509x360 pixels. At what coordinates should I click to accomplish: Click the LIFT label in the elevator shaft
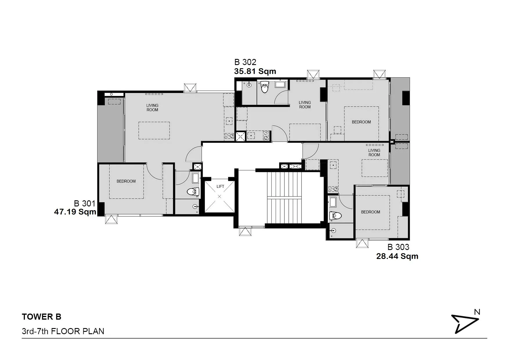click(220, 187)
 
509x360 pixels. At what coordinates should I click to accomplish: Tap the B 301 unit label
click(84, 204)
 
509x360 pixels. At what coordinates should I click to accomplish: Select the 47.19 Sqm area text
click(75, 212)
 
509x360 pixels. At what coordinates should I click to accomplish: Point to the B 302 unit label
click(245, 62)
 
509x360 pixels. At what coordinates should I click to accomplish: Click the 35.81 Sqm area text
click(255, 71)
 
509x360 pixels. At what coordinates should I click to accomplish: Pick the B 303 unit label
click(398, 247)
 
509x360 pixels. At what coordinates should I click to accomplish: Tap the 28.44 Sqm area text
click(397, 256)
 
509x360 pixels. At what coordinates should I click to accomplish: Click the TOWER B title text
click(41, 317)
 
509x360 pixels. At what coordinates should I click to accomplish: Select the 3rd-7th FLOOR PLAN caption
click(63, 331)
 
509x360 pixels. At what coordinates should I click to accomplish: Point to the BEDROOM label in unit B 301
click(126, 181)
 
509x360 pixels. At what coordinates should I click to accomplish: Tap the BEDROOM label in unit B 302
click(361, 122)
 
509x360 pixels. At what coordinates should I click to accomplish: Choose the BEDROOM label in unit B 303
click(371, 212)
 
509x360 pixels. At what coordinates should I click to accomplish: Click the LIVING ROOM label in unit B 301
click(152, 108)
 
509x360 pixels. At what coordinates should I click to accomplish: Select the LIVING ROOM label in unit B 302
click(305, 105)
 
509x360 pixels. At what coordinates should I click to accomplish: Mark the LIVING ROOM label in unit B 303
click(374, 153)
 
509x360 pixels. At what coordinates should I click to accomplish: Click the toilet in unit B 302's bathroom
click(265, 87)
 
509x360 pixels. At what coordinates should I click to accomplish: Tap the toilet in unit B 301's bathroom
click(193, 192)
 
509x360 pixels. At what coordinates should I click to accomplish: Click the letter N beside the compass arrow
click(477, 312)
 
